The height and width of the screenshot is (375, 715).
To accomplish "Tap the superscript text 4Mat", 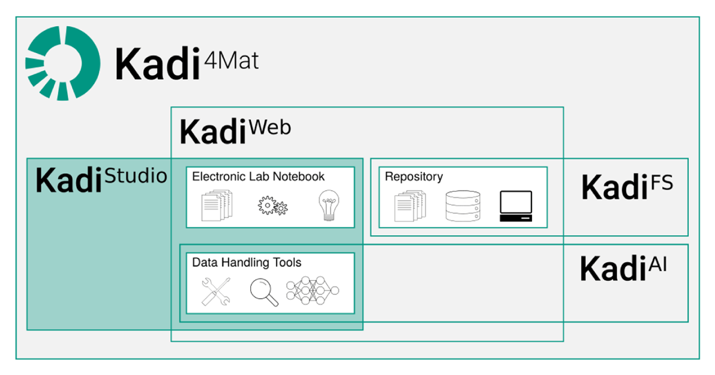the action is pyautogui.click(x=231, y=61).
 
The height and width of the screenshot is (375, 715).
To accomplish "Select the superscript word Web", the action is pyautogui.click(x=270, y=127).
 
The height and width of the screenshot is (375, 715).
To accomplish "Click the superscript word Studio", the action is pyautogui.click(x=136, y=176).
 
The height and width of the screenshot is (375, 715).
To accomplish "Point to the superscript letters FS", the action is pyautogui.click(x=662, y=183).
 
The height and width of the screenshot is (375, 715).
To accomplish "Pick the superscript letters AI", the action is pyautogui.click(x=658, y=264).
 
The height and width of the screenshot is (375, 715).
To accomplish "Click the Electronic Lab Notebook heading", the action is pyautogui.click(x=258, y=176).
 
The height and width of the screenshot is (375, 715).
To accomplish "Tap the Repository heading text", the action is pyautogui.click(x=414, y=177).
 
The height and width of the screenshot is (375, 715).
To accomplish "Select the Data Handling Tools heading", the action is pyautogui.click(x=247, y=262).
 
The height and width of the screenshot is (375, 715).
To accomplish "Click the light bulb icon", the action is pyautogui.click(x=329, y=205).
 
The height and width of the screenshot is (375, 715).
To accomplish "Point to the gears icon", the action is pyautogui.click(x=273, y=206).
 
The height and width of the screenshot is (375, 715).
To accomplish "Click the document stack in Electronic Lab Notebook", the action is pyautogui.click(x=217, y=205).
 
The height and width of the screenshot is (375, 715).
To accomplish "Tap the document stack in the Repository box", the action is pyautogui.click(x=410, y=206).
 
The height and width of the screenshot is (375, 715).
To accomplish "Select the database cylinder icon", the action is pyautogui.click(x=463, y=206).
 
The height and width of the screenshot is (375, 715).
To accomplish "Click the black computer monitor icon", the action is pyautogui.click(x=516, y=206).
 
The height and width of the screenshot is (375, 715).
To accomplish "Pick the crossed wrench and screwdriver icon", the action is pyautogui.click(x=216, y=292).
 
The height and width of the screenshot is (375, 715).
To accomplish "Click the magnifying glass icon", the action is pyautogui.click(x=263, y=292).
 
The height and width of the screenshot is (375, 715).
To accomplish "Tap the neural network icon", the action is pyautogui.click(x=312, y=290).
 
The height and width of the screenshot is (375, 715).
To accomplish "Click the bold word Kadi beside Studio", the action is pyautogui.click(x=69, y=180).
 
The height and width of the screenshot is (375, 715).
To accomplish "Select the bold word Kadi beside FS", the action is pyautogui.click(x=614, y=186).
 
